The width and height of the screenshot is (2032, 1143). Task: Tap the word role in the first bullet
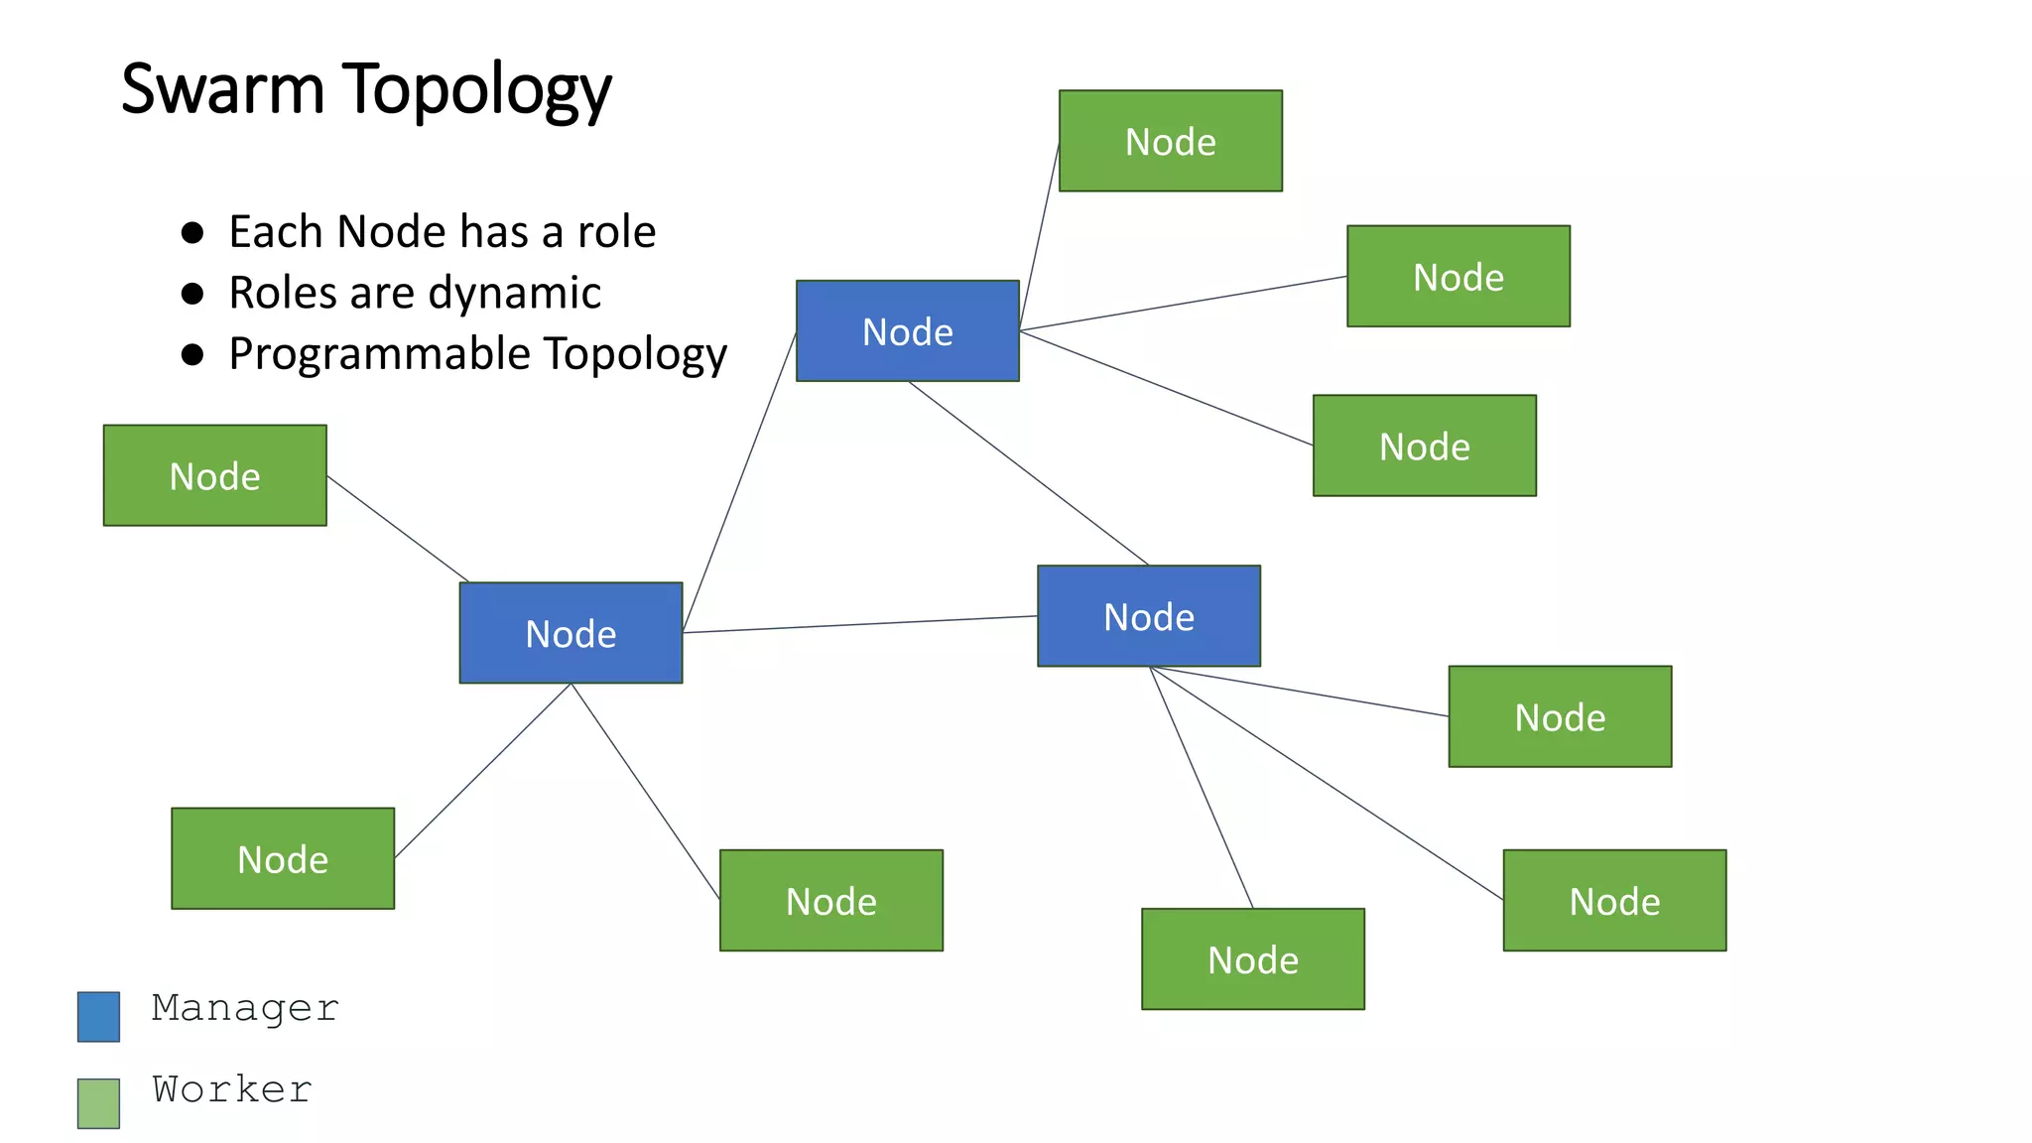pos(616,232)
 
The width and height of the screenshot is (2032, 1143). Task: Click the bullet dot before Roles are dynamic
pos(192,294)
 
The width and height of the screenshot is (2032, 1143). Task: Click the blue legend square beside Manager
pos(98,1016)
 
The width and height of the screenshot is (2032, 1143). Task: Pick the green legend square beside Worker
pos(98,1102)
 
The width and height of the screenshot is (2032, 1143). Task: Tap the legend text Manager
pos(245,1008)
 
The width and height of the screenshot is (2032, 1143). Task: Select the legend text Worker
pos(232,1089)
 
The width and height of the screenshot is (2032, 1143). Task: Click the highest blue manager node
pos(907,330)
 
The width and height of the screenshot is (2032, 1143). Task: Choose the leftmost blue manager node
pos(571,633)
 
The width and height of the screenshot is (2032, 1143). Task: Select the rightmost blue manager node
pos(1148,616)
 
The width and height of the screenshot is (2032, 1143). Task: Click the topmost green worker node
pos(1170,141)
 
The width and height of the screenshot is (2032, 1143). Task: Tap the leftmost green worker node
pos(214,475)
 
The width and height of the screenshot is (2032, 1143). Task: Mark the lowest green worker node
pos(1252,958)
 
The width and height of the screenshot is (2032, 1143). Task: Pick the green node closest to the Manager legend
pos(282,858)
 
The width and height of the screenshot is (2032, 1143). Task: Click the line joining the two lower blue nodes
pos(859,624)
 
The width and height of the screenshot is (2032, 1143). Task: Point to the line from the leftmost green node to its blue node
pos(397,529)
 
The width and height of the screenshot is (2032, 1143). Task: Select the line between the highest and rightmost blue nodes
pos(1028,473)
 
